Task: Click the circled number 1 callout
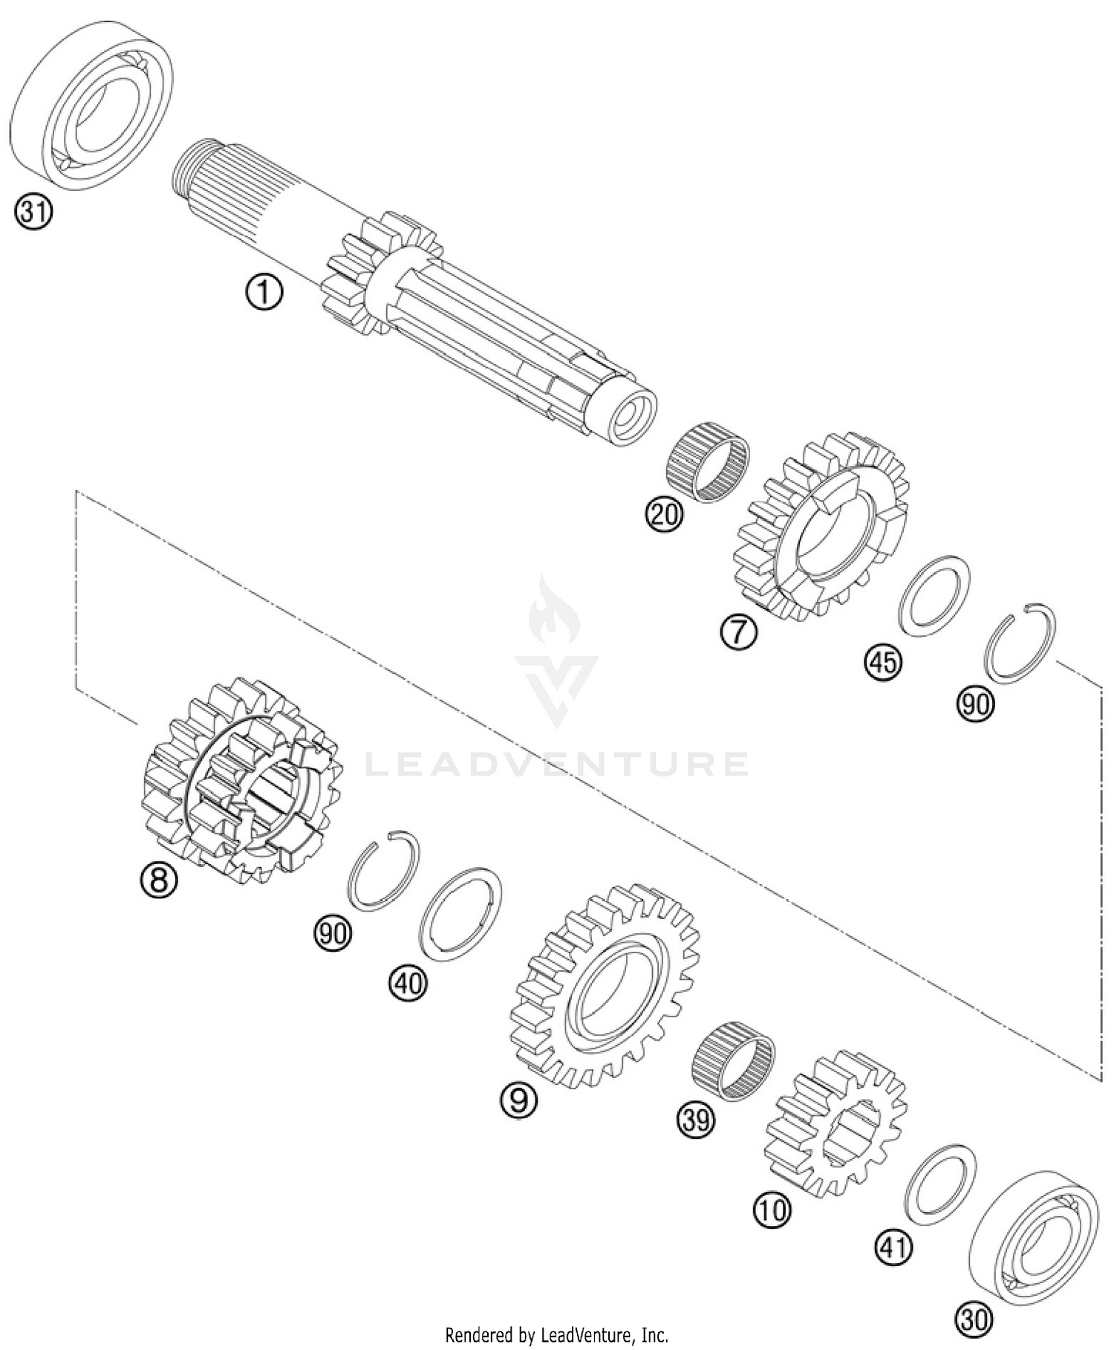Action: tap(264, 293)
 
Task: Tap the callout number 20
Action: tap(664, 513)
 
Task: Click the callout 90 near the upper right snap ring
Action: tap(975, 702)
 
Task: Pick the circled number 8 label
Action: tap(160, 881)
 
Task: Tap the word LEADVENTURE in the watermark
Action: tap(557, 764)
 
